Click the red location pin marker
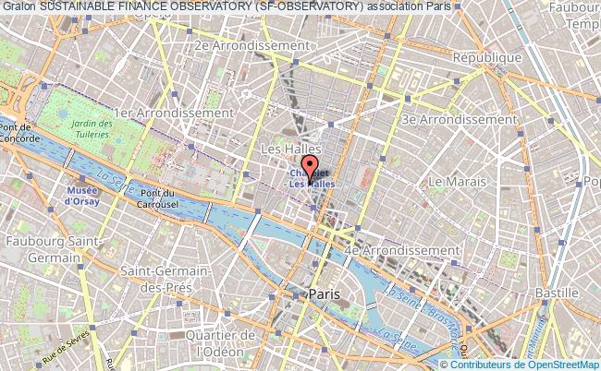(x=309, y=166)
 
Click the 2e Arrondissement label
(x=251, y=44)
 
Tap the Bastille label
(x=557, y=293)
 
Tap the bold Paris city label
(x=324, y=293)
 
